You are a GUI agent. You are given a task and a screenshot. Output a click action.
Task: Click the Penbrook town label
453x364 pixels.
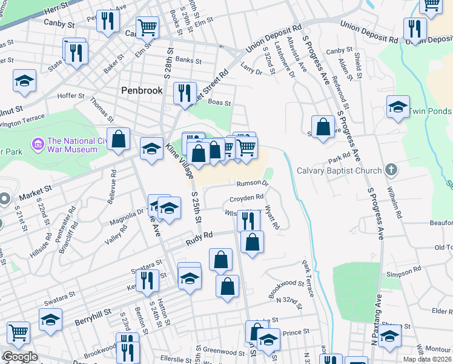142,90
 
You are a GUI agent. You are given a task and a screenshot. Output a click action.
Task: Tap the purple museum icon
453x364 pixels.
38,144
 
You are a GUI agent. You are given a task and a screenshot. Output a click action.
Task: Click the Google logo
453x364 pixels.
20,357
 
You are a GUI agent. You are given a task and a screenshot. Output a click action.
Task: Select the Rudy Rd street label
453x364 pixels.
200,236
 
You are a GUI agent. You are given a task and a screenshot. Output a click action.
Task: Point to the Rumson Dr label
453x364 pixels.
252,183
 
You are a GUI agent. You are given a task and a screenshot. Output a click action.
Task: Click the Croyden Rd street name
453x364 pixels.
246,198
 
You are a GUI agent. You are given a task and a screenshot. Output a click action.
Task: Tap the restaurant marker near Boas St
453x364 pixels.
184,93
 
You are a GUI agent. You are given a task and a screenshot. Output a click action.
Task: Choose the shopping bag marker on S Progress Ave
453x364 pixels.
323,127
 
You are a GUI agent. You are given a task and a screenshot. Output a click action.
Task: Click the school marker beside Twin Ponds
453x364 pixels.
397,106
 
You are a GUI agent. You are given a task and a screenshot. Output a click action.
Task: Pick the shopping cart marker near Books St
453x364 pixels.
147,27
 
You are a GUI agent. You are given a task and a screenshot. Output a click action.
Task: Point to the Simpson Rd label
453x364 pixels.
403,275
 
